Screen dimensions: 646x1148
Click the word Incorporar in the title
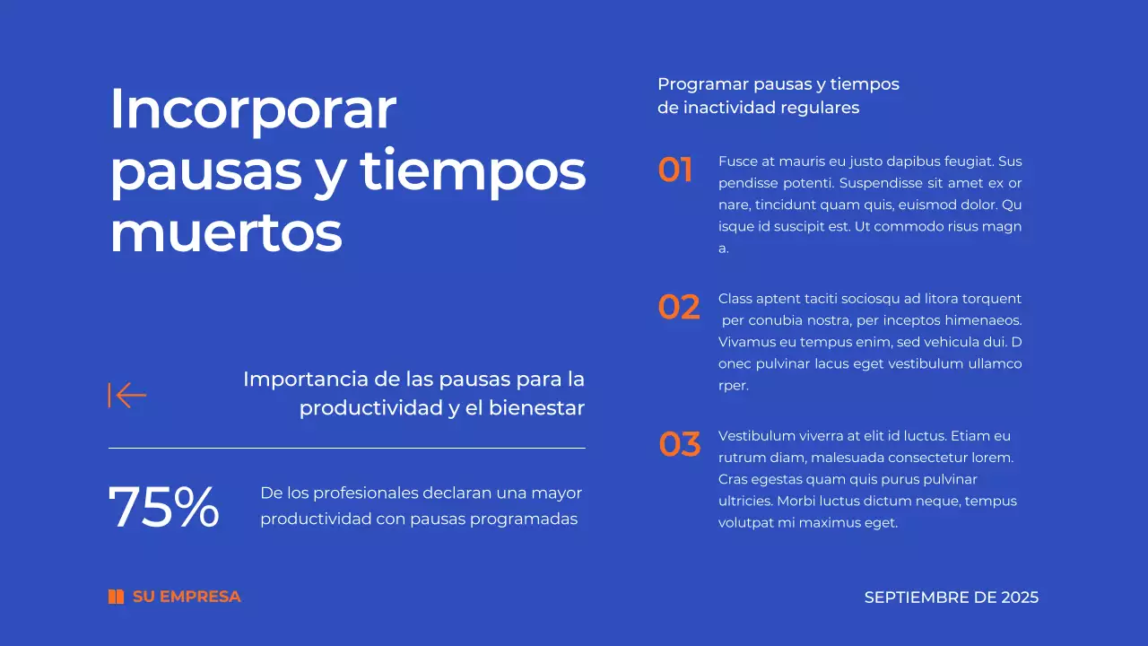[252, 109]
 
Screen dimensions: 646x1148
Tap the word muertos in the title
[226, 233]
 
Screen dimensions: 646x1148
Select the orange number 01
[675, 170]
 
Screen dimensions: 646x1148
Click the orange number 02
[679, 308]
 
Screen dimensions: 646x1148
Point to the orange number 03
[680, 444]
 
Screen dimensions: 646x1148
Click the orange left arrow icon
[127, 395]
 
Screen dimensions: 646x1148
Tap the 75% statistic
[164, 508]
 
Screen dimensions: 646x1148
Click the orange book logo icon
[116, 597]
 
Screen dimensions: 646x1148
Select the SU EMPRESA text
[187, 597]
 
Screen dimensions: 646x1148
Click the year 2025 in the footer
[1020, 598]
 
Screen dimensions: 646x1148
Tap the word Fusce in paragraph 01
[737, 161]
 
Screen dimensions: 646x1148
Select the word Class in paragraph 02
[735, 299]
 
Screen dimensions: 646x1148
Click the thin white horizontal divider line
[346, 448]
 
